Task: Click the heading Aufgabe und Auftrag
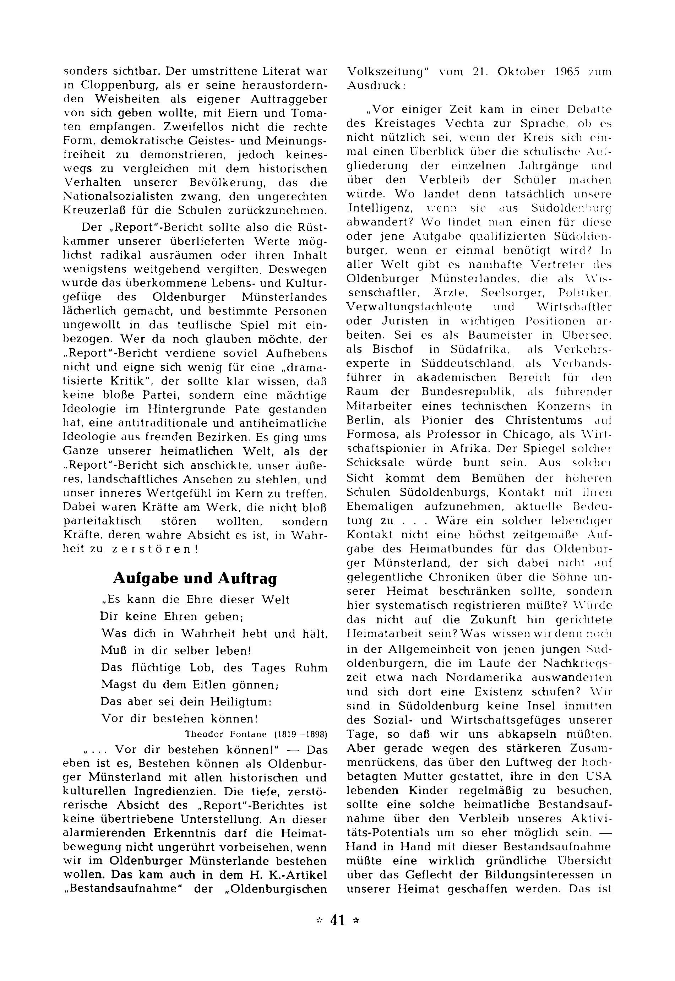(x=195, y=578)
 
